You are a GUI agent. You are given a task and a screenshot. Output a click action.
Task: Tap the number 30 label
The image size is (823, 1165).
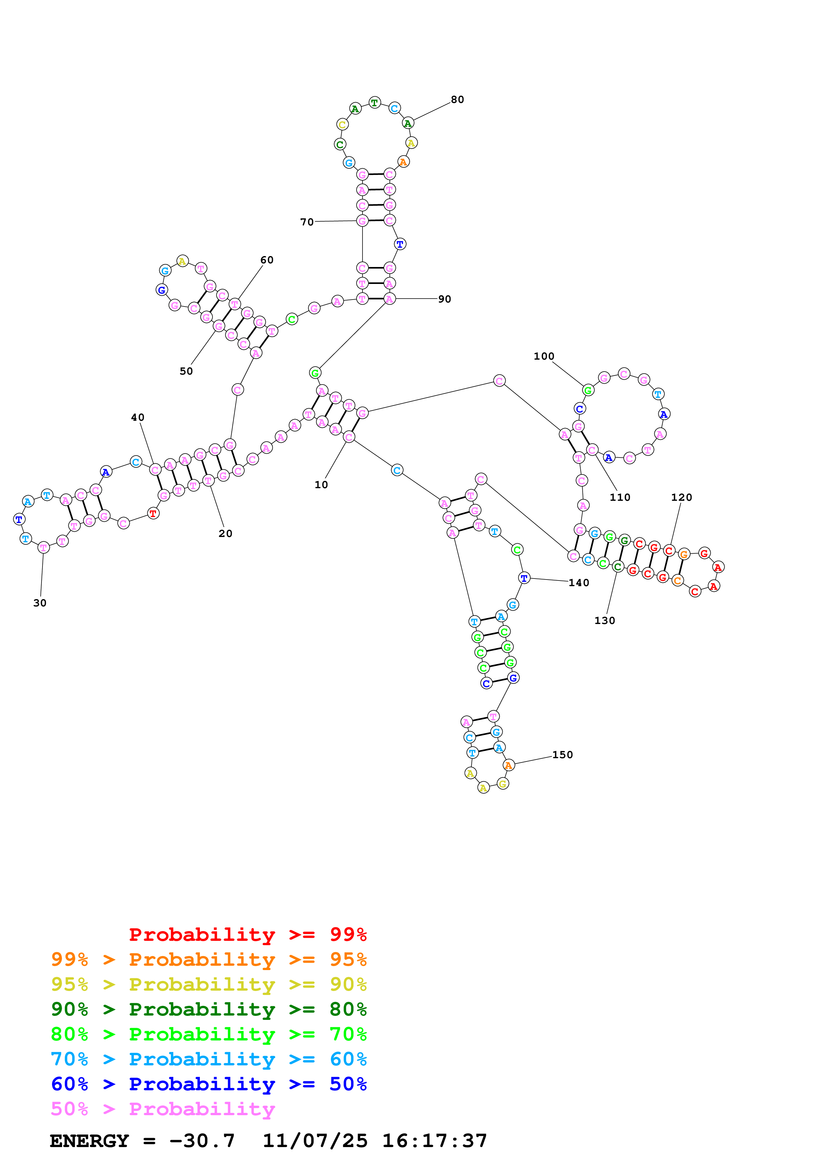[40, 603]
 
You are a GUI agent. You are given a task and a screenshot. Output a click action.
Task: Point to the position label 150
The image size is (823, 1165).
[562, 755]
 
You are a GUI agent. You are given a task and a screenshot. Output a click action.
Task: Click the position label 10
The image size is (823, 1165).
[321, 485]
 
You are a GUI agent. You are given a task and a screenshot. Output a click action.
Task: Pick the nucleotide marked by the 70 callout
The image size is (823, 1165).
[362, 221]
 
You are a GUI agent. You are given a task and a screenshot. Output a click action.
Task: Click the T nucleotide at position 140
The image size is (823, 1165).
[524, 578]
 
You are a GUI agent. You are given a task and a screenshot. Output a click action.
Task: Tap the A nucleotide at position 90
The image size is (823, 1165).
[389, 299]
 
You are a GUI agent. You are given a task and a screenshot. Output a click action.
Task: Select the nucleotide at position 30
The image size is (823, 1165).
[43, 548]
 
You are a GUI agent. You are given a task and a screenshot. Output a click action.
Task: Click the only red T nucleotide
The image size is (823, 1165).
[153, 513]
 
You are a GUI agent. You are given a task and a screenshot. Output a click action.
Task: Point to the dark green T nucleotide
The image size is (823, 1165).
[374, 103]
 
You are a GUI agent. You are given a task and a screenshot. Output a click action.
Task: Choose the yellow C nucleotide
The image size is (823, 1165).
[342, 124]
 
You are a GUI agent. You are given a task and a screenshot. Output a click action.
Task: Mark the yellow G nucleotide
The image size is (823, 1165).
[503, 784]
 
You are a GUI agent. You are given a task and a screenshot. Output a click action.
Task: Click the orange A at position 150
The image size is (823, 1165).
[509, 765]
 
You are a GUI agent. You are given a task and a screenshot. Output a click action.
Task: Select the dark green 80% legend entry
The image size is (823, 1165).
[208, 1009]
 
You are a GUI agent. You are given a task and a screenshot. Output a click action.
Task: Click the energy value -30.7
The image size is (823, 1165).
[202, 1141]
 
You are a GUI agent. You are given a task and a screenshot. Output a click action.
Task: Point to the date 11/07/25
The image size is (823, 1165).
[315, 1141]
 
